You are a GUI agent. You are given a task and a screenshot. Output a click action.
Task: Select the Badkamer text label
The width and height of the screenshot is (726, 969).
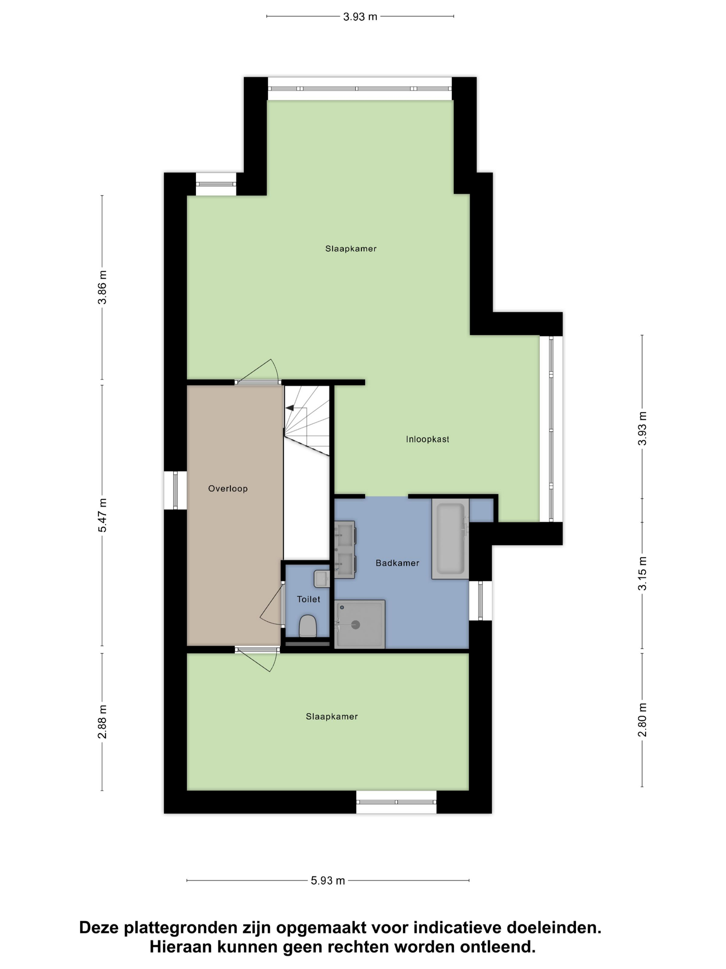point(397,563)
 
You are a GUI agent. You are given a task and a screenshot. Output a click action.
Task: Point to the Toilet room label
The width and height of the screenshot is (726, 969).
point(308,599)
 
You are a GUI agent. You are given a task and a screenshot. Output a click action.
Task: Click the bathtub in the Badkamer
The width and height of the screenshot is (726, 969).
point(450,538)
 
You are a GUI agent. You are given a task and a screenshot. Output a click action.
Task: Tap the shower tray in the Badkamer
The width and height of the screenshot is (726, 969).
point(359,624)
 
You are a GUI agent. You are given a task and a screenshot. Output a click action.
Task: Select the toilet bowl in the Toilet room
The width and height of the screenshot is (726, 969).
point(308,626)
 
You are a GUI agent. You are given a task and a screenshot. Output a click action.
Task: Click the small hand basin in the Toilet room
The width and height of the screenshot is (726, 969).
point(321,579)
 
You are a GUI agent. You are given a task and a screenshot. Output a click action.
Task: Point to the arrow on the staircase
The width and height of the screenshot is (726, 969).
point(290,408)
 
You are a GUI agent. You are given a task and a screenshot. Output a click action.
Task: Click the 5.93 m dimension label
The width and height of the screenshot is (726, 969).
point(328,880)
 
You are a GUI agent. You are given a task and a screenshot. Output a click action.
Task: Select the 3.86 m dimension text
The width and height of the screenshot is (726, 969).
point(102,287)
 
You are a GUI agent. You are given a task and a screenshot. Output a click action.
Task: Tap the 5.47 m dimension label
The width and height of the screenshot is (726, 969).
point(102,515)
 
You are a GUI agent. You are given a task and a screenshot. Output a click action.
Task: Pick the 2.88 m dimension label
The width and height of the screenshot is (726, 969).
point(102,722)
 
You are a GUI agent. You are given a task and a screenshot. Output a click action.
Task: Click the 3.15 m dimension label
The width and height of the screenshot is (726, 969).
point(642,573)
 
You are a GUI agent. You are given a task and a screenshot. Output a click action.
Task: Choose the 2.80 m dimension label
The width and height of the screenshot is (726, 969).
point(642,720)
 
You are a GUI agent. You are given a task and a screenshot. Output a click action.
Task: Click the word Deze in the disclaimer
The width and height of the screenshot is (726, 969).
point(99,928)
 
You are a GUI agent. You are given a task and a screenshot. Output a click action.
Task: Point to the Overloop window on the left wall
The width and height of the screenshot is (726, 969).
point(175,490)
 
